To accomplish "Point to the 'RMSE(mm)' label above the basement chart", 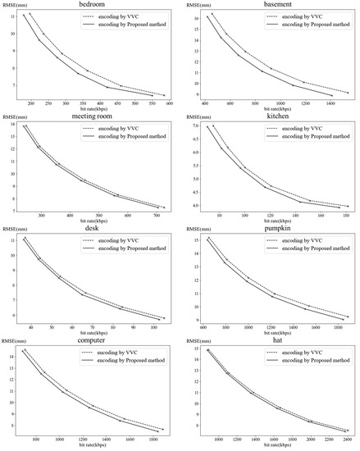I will (x=195, y=5).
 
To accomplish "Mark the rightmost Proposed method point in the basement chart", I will (x=331, y=96).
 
